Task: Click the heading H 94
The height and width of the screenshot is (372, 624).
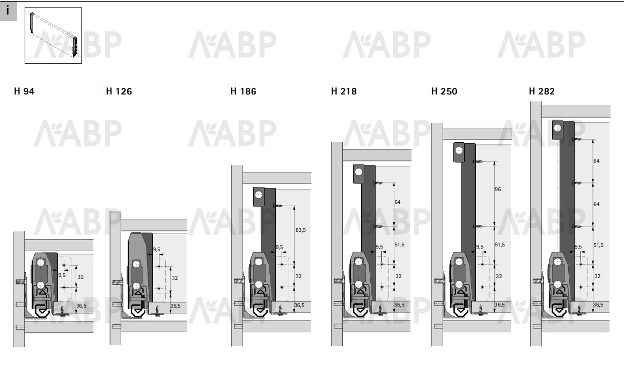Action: pyautogui.click(x=24, y=91)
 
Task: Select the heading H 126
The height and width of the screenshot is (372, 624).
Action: pyautogui.click(x=119, y=91)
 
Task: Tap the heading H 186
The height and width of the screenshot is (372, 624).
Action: pyautogui.click(x=243, y=91)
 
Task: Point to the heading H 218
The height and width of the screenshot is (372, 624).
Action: pyautogui.click(x=344, y=91)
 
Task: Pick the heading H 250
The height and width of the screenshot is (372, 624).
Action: pyautogui.click(x=444, y=91)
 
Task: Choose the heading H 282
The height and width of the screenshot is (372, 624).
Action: pyautogui.click(x=541, y=91)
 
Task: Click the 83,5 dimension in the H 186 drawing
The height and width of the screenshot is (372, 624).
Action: pyautogui.click(x=301, y=230)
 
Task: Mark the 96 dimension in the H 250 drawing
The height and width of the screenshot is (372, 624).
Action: pyautogui.click(x=498, y=189)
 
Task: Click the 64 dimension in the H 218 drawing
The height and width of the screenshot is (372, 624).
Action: pyautogui.click(x=397, y=202)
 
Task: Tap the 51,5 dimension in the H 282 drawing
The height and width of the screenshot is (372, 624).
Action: pyautogui.click(x=598, y=245)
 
